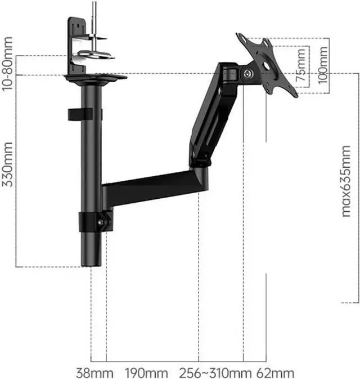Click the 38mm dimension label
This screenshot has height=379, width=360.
94,372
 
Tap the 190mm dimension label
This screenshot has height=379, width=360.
146,372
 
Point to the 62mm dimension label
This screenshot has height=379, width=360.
275,372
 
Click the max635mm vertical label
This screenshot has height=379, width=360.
346,181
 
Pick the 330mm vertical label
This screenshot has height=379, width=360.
7,164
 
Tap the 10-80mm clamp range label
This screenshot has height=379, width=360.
7,64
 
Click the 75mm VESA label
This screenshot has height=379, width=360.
301,65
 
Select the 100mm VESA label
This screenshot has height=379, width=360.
323,65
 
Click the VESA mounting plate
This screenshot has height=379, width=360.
267,65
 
